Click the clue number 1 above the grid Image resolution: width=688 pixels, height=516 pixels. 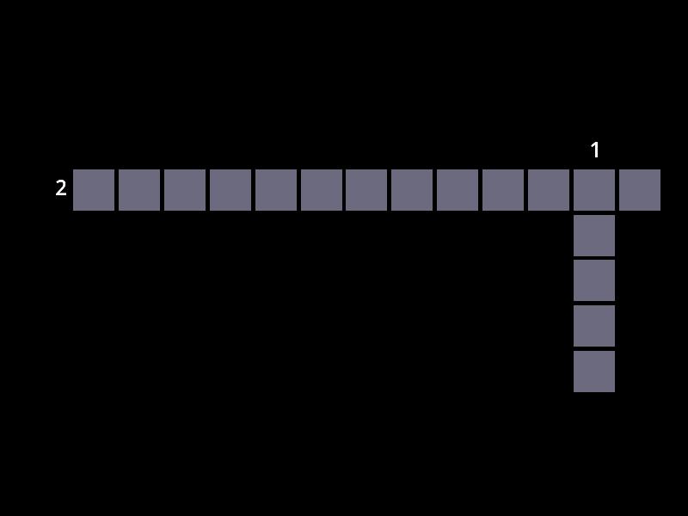coord(595,150)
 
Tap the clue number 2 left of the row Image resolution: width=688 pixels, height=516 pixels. coord(61,187)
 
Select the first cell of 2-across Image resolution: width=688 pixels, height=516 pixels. coord(94,190)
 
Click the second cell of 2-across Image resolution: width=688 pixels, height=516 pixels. coord(139,190)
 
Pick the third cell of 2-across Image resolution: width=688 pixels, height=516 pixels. coord(185,190)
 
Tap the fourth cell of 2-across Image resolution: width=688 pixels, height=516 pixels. coord(230,190)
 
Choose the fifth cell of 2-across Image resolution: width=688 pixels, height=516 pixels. coord(276,190)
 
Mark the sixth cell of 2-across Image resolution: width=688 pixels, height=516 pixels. coord(322,190)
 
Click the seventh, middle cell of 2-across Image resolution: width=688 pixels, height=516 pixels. coord(366,190)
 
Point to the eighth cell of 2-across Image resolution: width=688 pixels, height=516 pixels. coord(412,190)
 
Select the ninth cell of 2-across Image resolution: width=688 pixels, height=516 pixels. coord(458,190)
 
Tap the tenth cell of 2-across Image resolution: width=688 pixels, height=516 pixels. coord(503,190)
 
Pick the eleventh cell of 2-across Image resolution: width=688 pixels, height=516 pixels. coord(549,190)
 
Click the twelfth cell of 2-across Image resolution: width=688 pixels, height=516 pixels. coord(594,190)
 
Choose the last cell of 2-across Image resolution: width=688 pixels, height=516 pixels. coord(640,190)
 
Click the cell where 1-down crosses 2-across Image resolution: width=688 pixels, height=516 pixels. coord(594,190)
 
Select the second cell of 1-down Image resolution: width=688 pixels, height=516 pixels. coord(594,236)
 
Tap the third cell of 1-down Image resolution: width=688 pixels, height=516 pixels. coord(594,281)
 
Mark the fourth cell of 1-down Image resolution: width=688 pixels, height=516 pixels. coord(594,326)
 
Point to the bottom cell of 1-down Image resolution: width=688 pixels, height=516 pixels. coord(594,372)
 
